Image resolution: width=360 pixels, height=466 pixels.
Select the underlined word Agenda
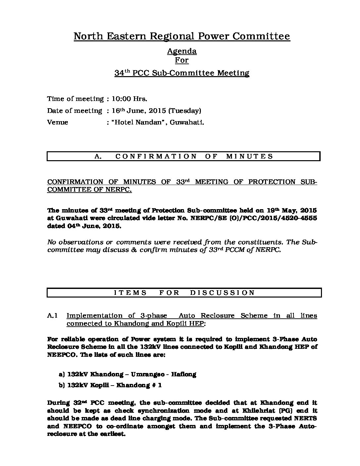182,51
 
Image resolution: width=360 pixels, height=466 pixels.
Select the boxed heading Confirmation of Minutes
184,157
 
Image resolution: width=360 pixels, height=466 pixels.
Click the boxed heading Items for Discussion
184,293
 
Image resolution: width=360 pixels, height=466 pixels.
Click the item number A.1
53,316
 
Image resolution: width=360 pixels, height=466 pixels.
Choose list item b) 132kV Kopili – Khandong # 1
110,385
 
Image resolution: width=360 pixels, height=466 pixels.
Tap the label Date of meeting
74,111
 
